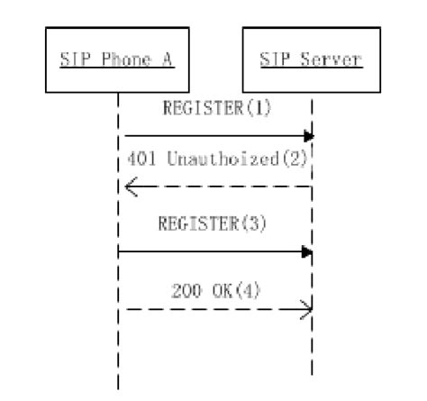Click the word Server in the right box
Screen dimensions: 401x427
point(326,60)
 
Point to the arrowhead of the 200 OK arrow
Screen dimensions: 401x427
point(307,310)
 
